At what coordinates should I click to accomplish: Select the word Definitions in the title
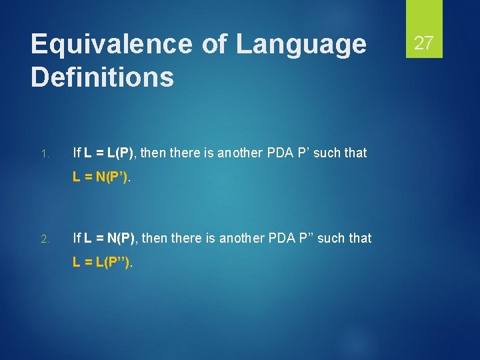coord(102,77)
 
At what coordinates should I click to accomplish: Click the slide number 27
coord(424,44)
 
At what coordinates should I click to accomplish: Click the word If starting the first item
coord(77,153)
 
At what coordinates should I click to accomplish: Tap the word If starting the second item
coord(77,238)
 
